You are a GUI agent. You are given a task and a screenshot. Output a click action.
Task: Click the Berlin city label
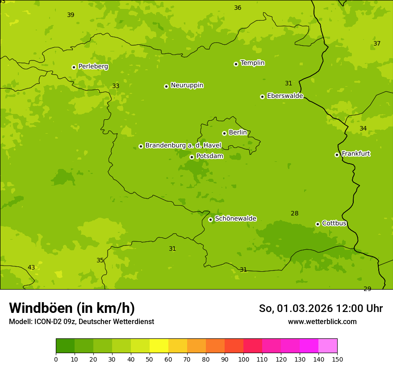point(238,133)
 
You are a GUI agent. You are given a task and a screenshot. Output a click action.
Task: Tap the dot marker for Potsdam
point(192,157)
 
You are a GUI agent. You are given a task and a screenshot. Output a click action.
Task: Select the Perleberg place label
point(93,67)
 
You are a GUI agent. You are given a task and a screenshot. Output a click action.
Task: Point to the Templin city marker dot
point(236,64)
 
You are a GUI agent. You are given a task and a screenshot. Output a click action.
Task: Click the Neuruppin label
point(187,85)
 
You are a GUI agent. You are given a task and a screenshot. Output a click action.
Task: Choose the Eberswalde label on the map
point(285,96)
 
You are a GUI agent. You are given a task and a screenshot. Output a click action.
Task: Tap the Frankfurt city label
point(355,154)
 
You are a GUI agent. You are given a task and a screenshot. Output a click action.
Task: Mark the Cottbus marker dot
point(318,224)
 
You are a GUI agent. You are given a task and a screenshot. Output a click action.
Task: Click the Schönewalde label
point(235,219)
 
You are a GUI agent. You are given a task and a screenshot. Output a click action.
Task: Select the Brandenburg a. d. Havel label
point(183,146)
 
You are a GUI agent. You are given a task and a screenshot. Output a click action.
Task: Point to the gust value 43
point(31,268)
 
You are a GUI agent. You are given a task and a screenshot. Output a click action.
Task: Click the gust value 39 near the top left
point(71,15)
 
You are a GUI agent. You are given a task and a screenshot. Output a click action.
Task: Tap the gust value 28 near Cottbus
point(294,214)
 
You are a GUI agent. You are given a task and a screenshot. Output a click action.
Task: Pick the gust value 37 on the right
point(377,44)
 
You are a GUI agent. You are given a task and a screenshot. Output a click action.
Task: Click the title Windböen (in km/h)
point(72,308)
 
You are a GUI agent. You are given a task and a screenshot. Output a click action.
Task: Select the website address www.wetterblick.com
point(322,322)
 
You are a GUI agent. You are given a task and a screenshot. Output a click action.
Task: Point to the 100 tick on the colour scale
point(243,359)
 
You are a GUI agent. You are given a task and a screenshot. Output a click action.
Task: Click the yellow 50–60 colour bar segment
point(159,346)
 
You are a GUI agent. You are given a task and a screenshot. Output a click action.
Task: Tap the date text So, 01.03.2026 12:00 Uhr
point(321,308)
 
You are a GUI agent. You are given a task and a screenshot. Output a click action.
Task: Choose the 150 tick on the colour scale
point(337,359)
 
